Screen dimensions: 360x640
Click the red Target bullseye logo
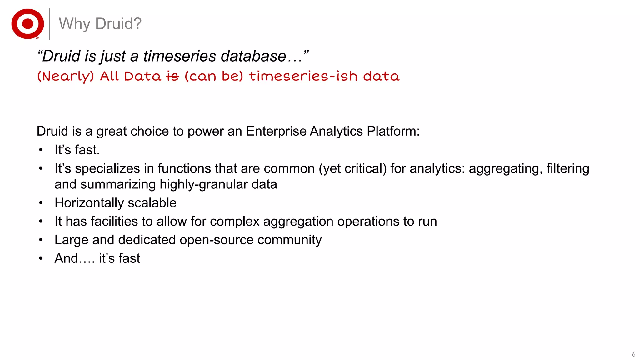pos(27,24)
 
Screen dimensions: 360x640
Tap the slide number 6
pos(633,354)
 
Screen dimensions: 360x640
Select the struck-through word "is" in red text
pos(172,76)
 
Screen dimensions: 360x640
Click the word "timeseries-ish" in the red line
pos(303,76)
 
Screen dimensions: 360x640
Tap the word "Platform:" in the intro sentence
pos(393,131)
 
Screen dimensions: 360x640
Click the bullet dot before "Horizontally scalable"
pos(41,203)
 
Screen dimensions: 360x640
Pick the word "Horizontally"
pos(89,203)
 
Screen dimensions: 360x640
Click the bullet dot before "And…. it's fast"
pos(41,258)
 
